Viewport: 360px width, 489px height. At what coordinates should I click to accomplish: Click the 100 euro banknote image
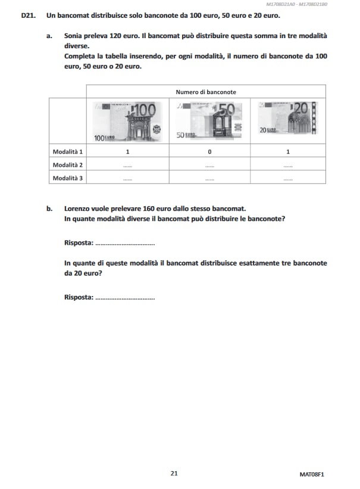[127, 121]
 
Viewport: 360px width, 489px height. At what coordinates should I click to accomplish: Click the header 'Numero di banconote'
[206, 92]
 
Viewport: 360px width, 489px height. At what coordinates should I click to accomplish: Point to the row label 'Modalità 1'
[68, 151]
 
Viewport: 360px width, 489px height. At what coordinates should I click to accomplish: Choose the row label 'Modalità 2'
[68, 164]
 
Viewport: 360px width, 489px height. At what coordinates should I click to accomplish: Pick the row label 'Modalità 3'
[68, 177]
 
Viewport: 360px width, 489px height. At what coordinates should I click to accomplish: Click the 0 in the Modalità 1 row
[209, 151]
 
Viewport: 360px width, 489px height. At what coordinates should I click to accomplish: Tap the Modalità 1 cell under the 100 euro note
[127, 151]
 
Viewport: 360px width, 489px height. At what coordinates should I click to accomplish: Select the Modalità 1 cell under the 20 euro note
[288, 151]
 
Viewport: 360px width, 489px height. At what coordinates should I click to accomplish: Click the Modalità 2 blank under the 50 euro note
[209, 165]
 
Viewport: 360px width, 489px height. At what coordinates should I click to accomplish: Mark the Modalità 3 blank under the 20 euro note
[288, 178]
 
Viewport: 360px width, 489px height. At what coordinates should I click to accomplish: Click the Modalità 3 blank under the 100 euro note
[127, 178]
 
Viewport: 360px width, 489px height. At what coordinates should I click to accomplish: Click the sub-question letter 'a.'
[49, 36]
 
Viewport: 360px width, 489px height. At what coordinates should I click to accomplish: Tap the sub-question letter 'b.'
[49, 208]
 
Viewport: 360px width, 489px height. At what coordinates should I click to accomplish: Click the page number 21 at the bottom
[174, 474]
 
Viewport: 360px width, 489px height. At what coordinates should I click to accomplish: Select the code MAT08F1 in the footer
[315, 474]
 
